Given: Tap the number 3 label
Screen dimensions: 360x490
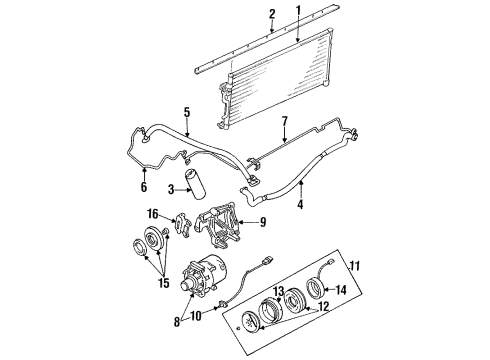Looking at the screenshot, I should [172, 188].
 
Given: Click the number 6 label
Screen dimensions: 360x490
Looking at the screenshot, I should [142, 186].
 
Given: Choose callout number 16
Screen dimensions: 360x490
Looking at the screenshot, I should [154, 214].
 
